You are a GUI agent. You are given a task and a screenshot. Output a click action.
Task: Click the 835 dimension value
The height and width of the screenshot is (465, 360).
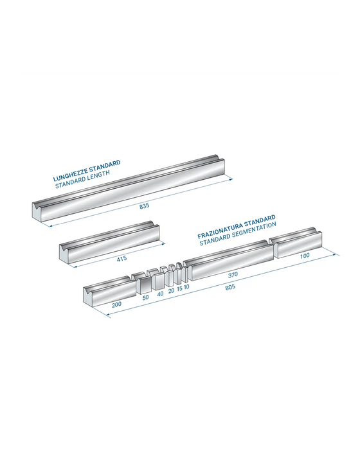tap(144, 206)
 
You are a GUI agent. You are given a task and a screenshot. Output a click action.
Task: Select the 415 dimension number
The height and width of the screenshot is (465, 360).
tap(122, 258)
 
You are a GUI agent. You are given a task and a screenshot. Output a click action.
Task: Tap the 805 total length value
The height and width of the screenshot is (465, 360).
tap(230, 287)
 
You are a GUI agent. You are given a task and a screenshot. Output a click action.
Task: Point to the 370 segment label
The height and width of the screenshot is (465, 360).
tap(233, 275)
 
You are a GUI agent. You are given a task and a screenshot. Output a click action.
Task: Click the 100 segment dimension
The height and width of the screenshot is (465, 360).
tap(305, 256)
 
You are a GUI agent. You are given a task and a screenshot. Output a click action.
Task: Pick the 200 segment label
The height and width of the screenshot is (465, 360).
tap(116, 304)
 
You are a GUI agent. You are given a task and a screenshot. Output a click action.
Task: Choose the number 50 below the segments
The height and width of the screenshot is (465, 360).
tap(145, 297)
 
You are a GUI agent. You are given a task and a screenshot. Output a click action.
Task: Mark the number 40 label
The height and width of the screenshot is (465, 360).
tap(160, 294)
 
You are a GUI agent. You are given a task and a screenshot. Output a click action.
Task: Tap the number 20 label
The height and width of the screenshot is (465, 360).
tap(171, 290)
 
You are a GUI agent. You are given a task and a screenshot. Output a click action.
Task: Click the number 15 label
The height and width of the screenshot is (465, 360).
tap(179, 288)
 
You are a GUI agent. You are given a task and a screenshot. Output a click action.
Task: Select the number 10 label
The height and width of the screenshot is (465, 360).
tap(186, 286)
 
